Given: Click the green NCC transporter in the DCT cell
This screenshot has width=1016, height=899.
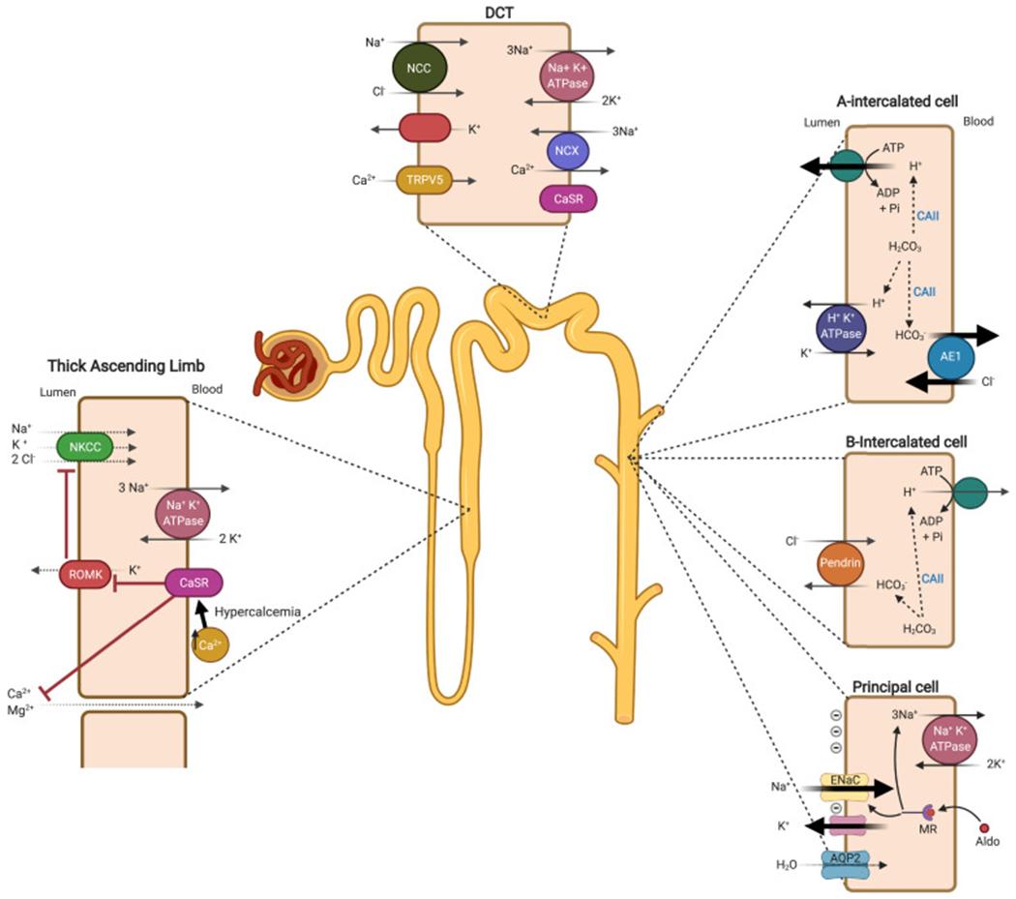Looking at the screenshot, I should click(418, 69).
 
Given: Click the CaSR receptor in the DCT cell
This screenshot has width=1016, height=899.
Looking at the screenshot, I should click(568, 198).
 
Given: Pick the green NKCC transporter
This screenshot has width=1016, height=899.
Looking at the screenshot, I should click(85, 446).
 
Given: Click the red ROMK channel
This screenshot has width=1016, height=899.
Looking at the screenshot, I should click(82, 573).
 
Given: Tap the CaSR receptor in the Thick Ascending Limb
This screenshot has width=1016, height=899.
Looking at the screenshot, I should click(194, 583).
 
